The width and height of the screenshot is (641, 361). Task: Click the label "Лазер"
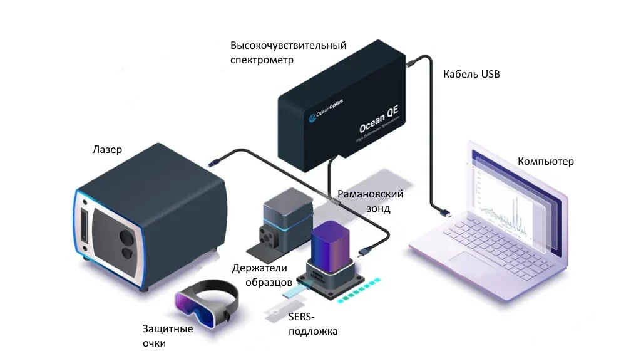tap(107, 150)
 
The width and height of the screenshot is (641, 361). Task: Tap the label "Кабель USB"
tap(471, 74)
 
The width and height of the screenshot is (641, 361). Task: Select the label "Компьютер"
tap(545, 162)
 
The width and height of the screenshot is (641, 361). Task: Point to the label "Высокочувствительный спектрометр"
tap(288, 53)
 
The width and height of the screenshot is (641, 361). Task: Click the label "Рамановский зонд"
tap(370, 201)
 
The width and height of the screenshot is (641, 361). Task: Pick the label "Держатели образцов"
tap(259, 275)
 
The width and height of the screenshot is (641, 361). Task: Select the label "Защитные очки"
tap(167, 336)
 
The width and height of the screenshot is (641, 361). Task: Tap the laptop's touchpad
tap(459, 258)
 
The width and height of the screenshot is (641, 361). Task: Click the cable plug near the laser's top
tap(213, 163)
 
